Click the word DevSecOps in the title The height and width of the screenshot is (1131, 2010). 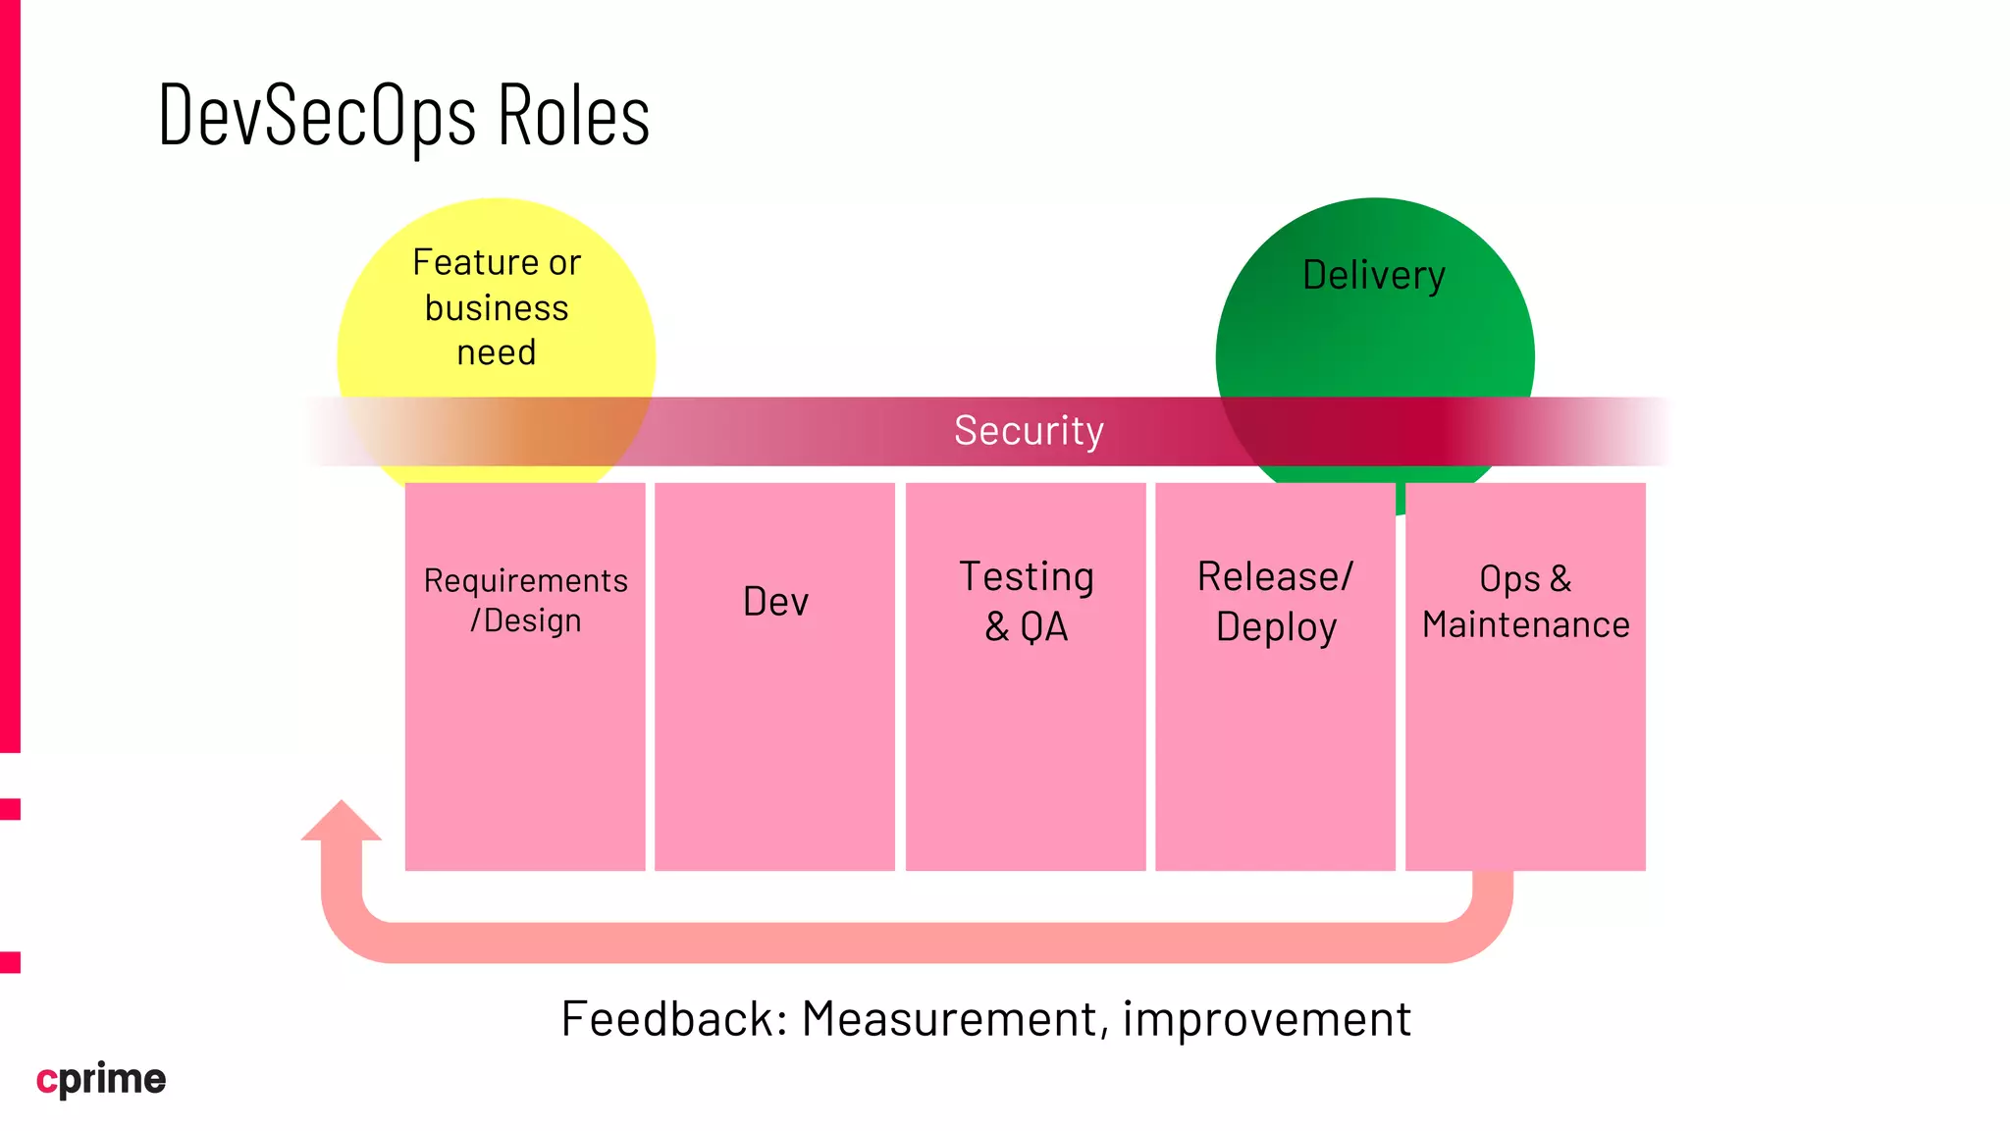click(x=316, y=116)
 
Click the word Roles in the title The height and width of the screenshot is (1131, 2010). click(x=573, y=116)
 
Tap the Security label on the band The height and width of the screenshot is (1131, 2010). click(x=1029, y=431)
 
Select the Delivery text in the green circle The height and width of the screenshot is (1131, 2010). click(x=1373, y=275)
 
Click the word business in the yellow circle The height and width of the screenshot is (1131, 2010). click(x=497, y=308)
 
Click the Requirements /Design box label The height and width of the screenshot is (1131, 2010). click(x=525, y=600)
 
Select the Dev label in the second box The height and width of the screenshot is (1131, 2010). click(x=775, y=602)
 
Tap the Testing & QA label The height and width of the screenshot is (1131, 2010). click(x=1026, y=601)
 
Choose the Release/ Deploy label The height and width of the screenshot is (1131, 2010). click(x=1275, y=601)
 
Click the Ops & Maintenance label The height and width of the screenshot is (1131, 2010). click(x=1525, y=601)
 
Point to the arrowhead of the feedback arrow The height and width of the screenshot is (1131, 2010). click(x=341, y=822)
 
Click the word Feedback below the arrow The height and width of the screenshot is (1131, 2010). click(x=673, y=1018)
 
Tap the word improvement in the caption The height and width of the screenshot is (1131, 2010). click(x=1266, y=1018)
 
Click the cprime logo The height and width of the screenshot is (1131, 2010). click(x=101, y=1079)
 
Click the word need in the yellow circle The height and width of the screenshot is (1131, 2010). click(x=497, y=352)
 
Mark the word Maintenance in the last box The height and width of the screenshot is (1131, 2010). click(x=1525, y=624)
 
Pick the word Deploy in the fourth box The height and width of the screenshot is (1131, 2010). click(x=1276, y=627)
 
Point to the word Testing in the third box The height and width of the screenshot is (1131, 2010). click(x=1026, y=576)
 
